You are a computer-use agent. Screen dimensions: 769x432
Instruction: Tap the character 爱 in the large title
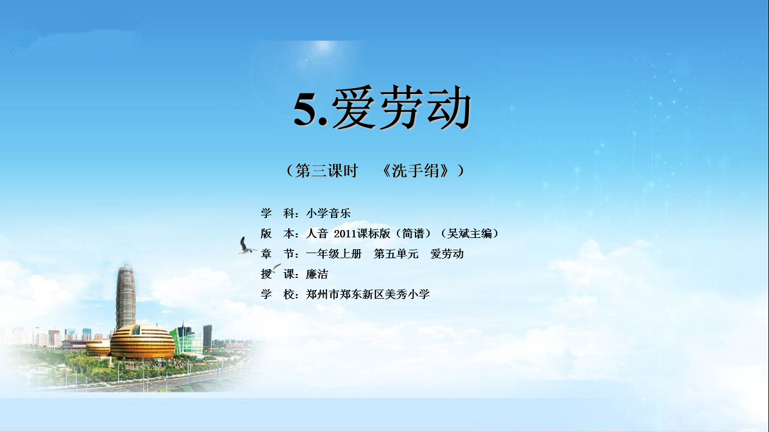pos(354,107)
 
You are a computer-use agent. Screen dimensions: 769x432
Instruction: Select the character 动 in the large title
pos(449,107)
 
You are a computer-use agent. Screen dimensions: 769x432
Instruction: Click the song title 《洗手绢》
pos(415,170)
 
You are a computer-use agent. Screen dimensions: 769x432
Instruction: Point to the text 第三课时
pos(327,170)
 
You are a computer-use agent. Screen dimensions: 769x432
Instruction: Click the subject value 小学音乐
pos(328,213)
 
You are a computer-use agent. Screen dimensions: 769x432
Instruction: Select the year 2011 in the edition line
pos(345,234)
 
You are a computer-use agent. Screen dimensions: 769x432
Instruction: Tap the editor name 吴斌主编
pos(470,233)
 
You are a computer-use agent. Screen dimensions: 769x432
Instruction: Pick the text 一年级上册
pos(334,254)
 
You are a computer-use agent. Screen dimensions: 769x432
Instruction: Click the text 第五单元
pos(396,254)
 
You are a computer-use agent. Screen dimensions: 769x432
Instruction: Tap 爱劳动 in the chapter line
pos(447,254)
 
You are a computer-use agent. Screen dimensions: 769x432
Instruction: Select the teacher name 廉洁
pos(317,274)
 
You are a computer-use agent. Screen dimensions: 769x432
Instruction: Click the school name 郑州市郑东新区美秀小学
pos(368,294)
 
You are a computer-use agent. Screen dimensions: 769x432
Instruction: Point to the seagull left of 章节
pos(246,246)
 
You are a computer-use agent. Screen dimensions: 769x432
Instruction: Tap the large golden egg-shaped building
pos(142,342)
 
